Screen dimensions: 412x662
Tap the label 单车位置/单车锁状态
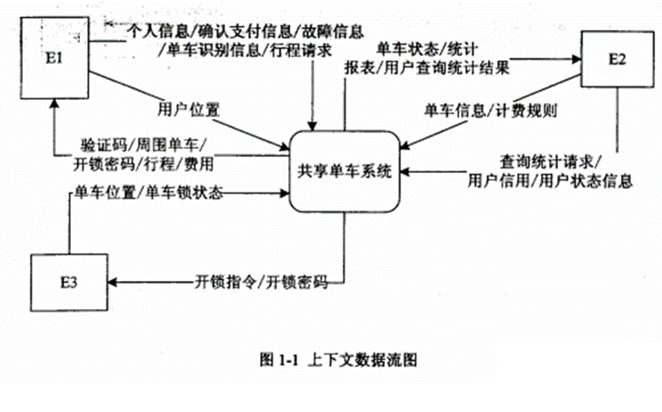click(146, 192)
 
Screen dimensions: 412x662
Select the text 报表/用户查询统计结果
click(427, 67)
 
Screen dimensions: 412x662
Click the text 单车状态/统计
click(418, 46)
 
